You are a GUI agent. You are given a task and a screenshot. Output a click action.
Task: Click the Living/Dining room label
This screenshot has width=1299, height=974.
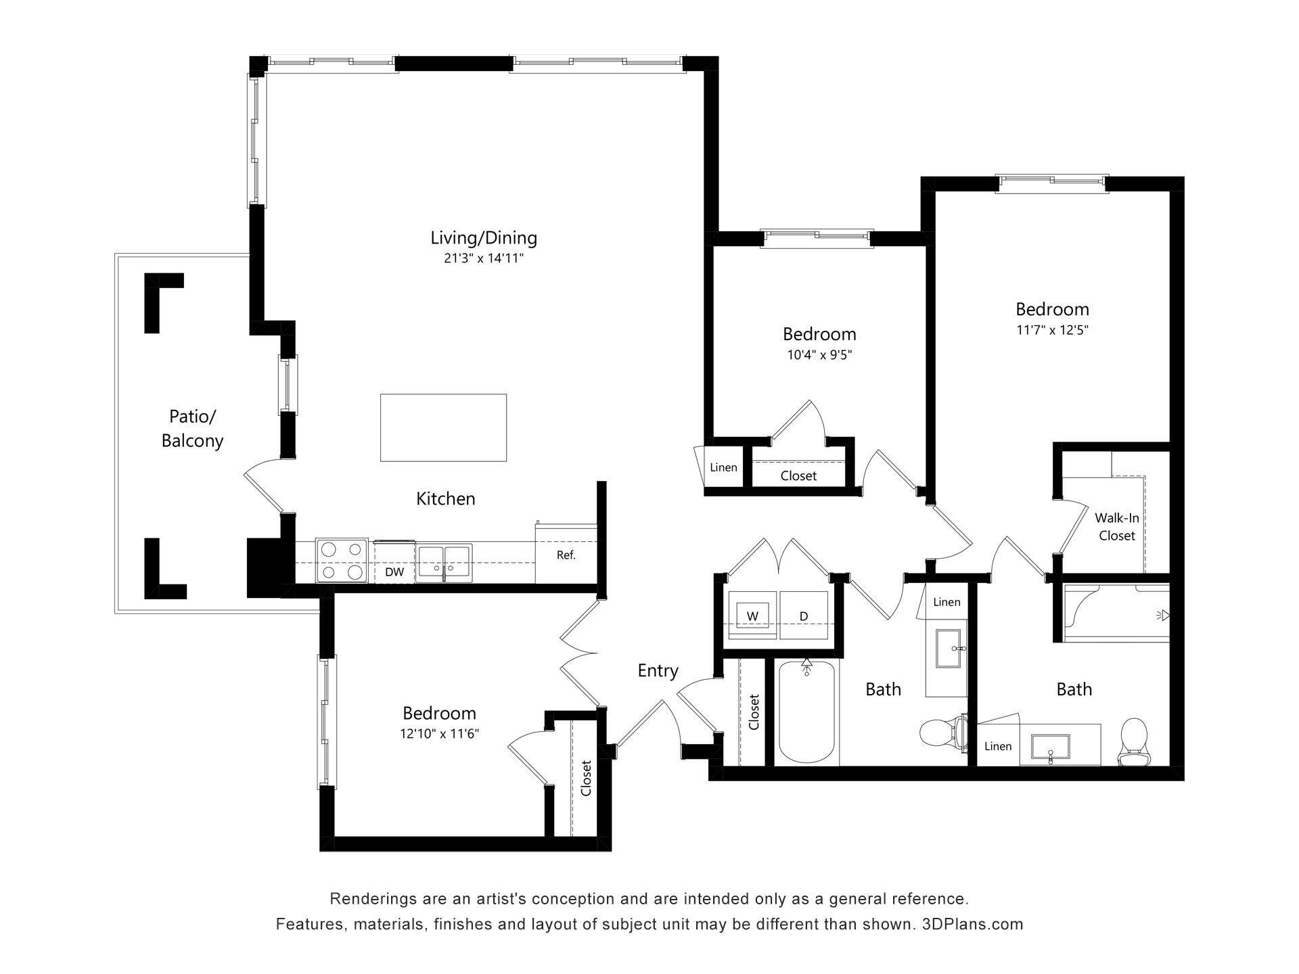click(x=484, y=237)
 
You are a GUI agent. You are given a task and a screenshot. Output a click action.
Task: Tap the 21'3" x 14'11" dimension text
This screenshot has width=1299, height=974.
click(x=484, y=258)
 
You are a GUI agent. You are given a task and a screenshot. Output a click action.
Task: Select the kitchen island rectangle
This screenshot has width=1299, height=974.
click(x=443, y=427)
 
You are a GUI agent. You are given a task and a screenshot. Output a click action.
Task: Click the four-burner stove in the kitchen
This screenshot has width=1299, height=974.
click(x=342, y=561)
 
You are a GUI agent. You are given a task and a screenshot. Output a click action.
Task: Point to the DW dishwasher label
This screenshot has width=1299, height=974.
click(x=394, y=572)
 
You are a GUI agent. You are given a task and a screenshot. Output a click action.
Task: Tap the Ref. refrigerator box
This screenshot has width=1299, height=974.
click(x=566, y=555)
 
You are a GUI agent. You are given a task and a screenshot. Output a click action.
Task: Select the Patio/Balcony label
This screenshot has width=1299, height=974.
click(x=192, y=428)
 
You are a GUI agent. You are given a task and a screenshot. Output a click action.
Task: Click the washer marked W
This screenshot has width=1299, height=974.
click(x=752, y=615)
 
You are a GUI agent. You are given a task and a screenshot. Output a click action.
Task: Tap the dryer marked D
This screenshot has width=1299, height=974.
click(x=804, y=615)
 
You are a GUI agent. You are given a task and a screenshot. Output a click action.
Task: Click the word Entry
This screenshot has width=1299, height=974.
click(x=658, y=670)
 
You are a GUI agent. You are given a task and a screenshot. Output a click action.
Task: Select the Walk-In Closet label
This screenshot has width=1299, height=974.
click(x=1117, y=527)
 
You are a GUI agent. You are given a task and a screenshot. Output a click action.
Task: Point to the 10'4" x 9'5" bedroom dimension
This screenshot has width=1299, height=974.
click(x=819, y=355)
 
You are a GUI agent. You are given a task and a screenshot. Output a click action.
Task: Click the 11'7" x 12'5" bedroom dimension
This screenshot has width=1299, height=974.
click(x=1052, y=331)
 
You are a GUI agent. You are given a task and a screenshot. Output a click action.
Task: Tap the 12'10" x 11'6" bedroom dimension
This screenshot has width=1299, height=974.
click(x=440, y=734)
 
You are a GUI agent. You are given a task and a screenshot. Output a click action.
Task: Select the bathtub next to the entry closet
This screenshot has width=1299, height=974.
click(x=806, y=713)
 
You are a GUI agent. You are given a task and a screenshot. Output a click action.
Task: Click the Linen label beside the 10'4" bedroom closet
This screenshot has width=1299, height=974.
click(x=723, y=467)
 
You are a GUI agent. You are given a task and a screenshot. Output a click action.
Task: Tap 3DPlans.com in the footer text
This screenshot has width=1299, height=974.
click(x=972, y=924)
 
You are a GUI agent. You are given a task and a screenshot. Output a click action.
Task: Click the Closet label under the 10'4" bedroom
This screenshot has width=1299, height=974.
click(x=798, y=476)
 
